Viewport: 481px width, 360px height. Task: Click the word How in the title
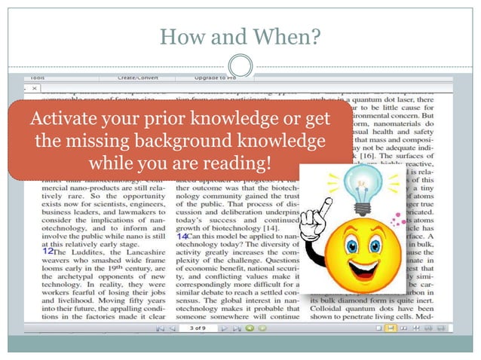point(180,35)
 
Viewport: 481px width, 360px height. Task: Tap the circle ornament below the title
point(240,64)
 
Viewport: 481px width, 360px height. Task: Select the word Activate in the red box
point(65,119)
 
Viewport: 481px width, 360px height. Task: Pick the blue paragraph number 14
point(182,236)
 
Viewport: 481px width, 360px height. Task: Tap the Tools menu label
point(37,78)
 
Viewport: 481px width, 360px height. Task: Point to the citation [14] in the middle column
point(269,227)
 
